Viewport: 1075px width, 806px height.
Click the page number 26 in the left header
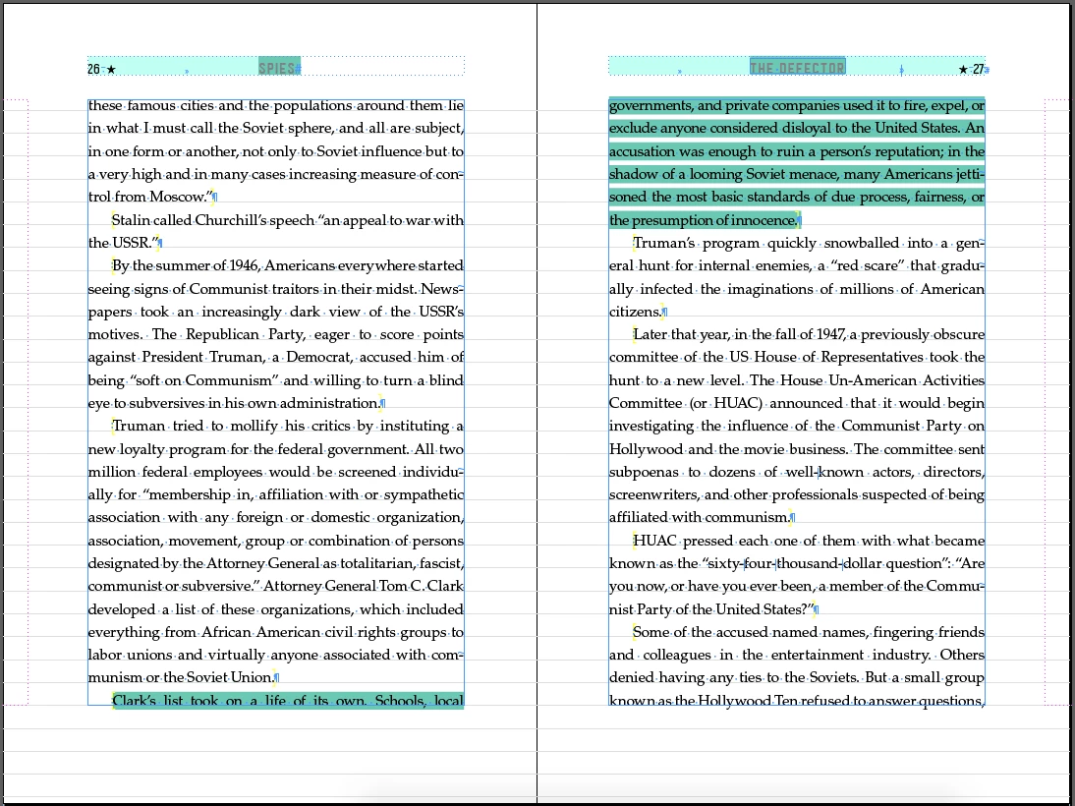click(93, 69)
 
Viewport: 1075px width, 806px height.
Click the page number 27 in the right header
click(978, 69)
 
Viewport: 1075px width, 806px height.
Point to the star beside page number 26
click(111, 69)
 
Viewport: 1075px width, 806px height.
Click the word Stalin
click(132, 220)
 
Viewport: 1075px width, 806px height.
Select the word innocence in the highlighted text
click(761, 220)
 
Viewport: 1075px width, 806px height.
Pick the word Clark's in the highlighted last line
click(136, 701)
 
